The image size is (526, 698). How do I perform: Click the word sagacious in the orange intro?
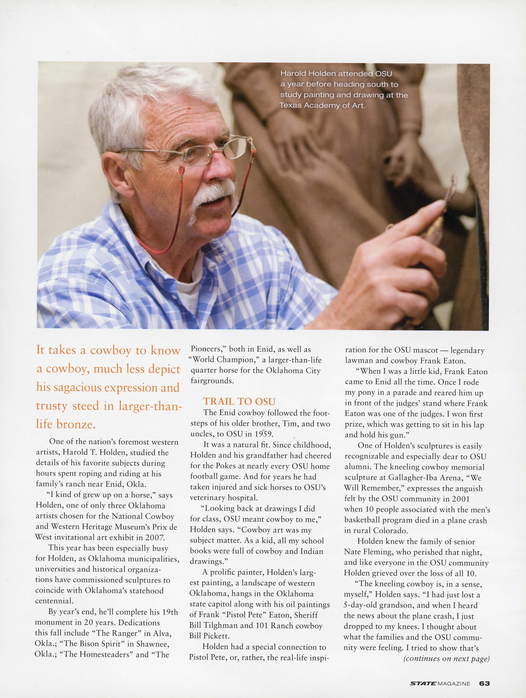tap(76, 387)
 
